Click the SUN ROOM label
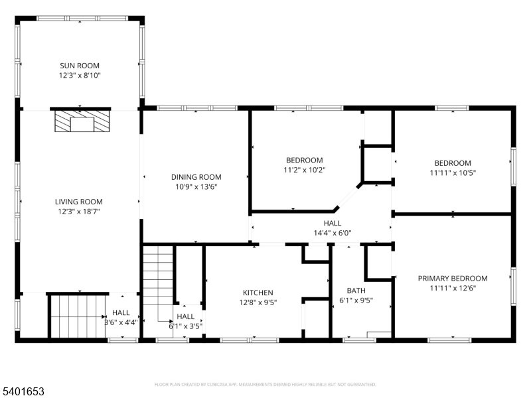click(79, 66)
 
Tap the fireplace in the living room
click(80, 122)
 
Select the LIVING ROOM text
click(79, 202)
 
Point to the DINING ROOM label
click(196, 177)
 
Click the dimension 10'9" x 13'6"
click(196, 187)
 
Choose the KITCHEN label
click(258, 293)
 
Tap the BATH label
click(356, 291)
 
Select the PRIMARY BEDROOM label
click(453, 279)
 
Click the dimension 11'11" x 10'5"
click(453, 173)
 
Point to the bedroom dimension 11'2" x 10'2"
click(304, 170)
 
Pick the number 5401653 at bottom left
click(23, 392)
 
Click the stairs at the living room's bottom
click(76, 315)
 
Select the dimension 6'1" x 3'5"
click(186, 326)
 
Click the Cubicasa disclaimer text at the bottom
click(265, 384)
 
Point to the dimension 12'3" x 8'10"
click(79, 76)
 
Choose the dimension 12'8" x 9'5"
click(258, 302)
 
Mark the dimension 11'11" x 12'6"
click(453, 289)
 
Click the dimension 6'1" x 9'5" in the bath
click(356, 300)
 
